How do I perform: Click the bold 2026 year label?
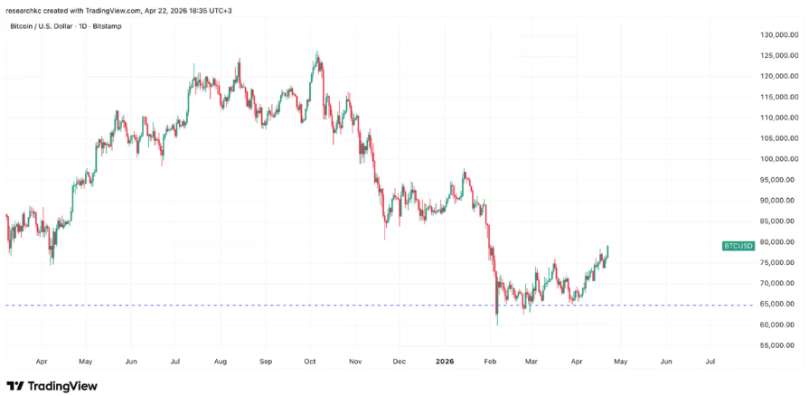point(444,361)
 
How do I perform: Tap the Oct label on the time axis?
point(309,361)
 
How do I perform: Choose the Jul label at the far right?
point(710,361)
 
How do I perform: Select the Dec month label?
point(399,361)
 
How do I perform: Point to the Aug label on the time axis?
point(220,361)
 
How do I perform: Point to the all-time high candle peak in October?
point(316,52)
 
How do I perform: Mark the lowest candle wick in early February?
point(497,325)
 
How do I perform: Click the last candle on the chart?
point(608,250)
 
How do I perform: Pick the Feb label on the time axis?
point(488,361)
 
